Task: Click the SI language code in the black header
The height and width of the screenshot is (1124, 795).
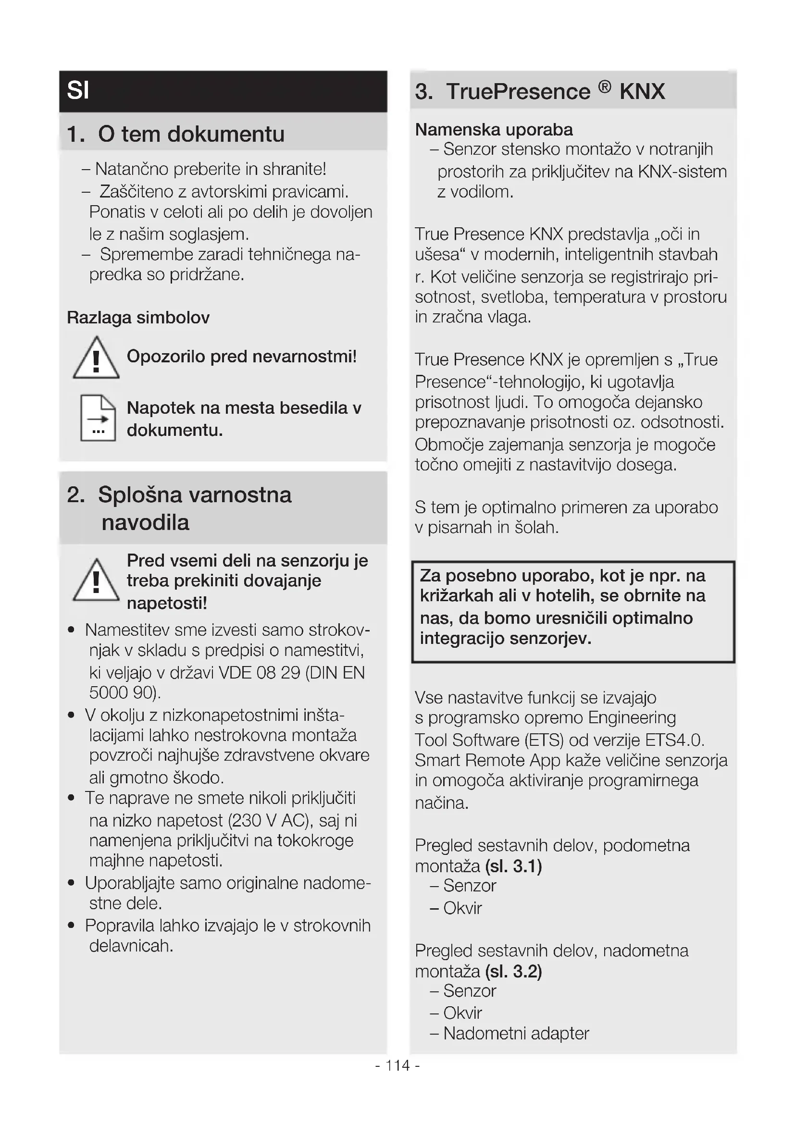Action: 78,90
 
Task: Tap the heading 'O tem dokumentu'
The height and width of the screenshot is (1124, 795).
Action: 191,134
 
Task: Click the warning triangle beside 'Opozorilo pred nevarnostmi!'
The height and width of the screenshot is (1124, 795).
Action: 96,358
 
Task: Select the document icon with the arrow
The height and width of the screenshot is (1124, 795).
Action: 98,418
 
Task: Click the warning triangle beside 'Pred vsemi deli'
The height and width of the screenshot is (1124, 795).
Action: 96,581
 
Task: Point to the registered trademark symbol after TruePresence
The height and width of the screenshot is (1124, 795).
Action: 605,87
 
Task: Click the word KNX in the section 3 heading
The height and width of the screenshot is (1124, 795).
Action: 642,92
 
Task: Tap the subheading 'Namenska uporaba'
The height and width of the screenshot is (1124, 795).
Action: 494,130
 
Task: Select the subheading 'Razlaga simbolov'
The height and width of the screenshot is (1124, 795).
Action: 138,318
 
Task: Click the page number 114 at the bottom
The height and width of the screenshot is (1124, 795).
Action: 397,1065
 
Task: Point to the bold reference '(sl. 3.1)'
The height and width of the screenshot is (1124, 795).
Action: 513,866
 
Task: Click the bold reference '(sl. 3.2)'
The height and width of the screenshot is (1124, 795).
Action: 513,971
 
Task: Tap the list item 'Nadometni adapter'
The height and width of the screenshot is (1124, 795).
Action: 516,1034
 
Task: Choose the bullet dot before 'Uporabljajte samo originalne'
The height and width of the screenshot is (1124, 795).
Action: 72,883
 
